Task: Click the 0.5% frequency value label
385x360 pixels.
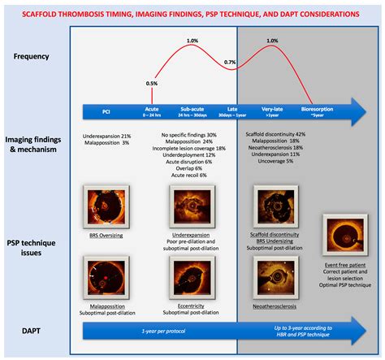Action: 151,84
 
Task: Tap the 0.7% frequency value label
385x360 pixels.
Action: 230,63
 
